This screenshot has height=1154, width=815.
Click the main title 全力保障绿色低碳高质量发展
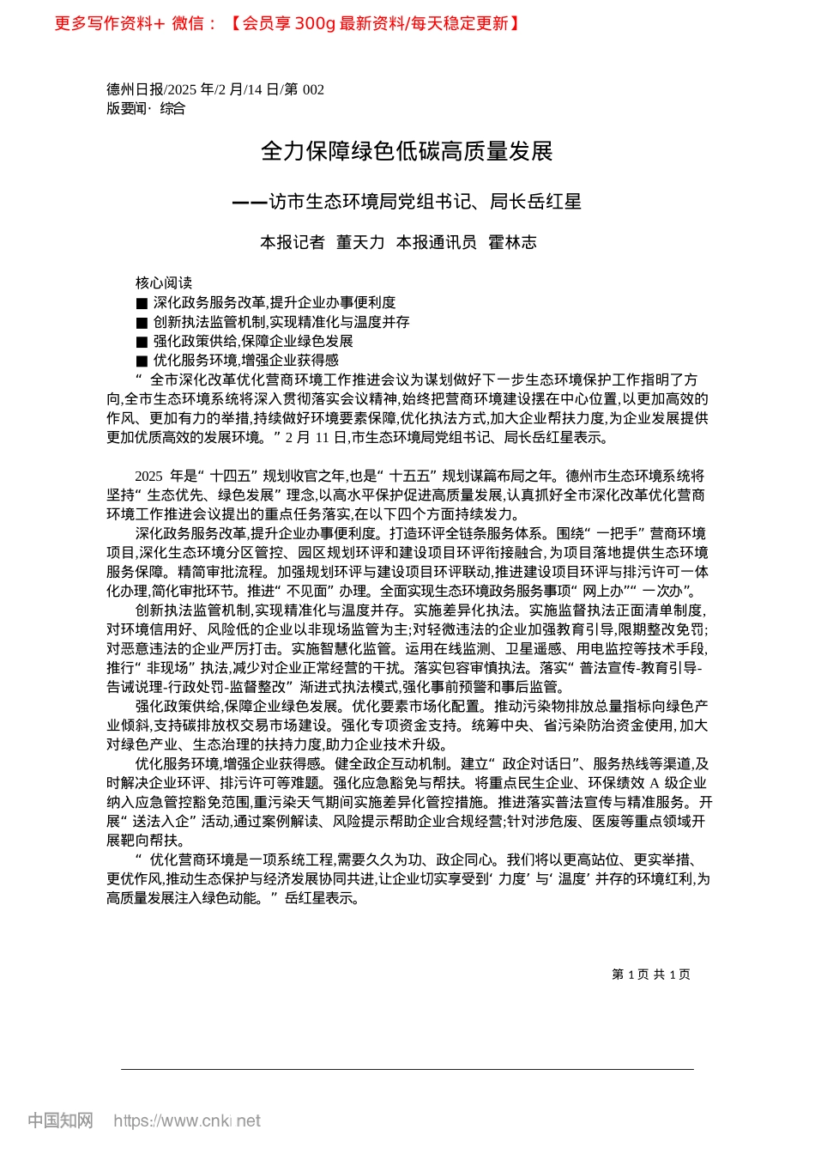coord(407,152)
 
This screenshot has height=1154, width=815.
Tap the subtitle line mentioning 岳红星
coord(407,202)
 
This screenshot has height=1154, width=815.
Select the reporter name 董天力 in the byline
coord(360,243)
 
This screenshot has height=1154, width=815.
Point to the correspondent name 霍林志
coord(512,243)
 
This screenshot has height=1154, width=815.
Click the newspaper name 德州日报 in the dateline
coord(135,89)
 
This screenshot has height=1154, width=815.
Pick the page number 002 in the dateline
coord(313,89)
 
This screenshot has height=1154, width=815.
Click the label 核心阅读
coord(164,283)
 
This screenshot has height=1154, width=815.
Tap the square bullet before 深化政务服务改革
coord(142,303)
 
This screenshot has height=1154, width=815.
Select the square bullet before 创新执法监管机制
coord(142,323)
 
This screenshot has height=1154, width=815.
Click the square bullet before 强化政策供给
coord(142,342)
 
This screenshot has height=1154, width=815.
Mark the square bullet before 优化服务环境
coord(142,361)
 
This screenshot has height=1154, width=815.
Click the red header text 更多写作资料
coord(103,23)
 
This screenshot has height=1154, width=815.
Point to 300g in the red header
coord(315,23)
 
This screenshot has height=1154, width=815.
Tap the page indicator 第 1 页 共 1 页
coord(651,975)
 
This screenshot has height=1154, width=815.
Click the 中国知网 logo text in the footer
coord(60,1121)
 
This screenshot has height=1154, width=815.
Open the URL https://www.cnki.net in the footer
coord(187,1121)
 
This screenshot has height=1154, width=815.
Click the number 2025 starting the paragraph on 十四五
coord(148,476)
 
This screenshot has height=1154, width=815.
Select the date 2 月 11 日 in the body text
coord(308,438)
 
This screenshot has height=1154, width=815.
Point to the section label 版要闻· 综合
coord(146,108)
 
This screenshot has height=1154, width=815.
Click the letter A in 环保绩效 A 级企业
coord(654,783)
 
